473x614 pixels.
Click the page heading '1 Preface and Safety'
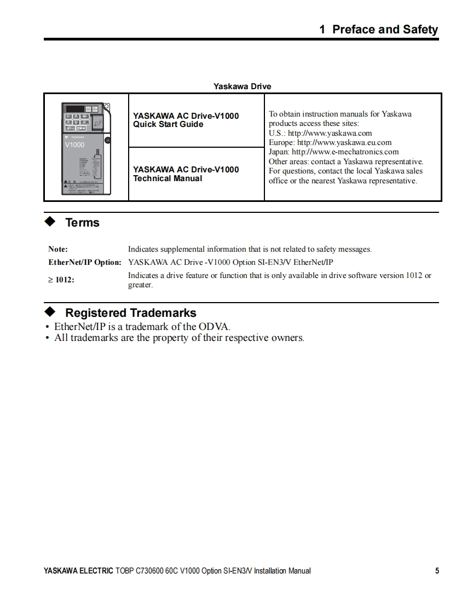click(378, 30)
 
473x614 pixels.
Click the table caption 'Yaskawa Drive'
click(242, 86)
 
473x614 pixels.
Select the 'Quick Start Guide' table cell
click(186, 120)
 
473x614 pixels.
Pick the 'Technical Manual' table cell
click(186, 174)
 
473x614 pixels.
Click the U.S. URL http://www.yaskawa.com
click(330, 133)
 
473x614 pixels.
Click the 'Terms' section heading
click(82, 223)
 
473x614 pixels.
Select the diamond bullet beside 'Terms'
click(50, 222)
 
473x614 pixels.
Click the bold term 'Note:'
click(58, 250)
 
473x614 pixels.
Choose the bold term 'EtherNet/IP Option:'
click(85, 262)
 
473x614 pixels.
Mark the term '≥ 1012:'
click(61, 280)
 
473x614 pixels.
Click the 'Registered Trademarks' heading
click(130, 313)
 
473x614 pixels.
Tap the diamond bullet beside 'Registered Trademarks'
click(50, 312)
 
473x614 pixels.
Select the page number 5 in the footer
click(437, 571)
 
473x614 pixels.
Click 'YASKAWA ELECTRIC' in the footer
click(78, 571)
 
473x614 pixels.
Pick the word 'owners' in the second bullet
click(286, 338)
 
